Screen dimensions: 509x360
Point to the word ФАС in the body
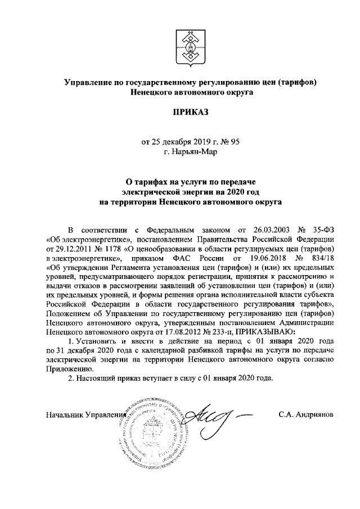point(177,256)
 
